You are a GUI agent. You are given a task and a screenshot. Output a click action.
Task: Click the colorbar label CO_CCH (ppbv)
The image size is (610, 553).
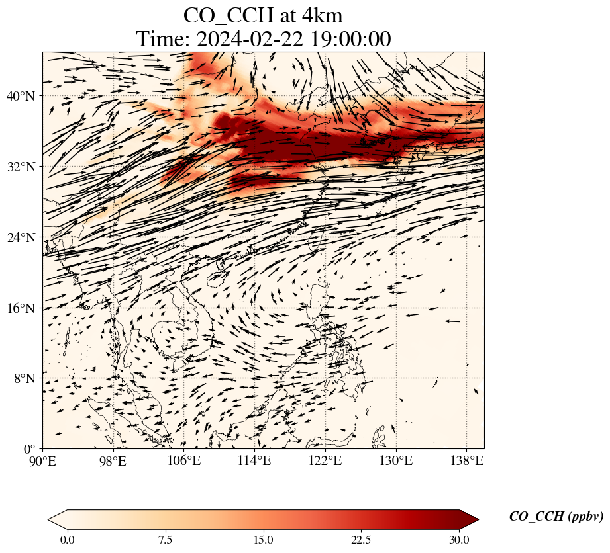556,517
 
